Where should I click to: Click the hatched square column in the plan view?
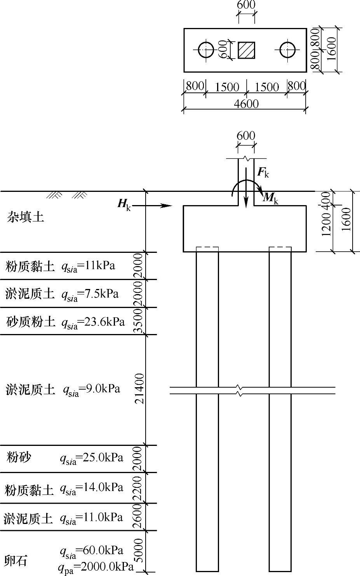coord(246,50)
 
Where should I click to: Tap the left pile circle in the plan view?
coord(206,50)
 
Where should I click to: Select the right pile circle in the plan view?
coord(287,50)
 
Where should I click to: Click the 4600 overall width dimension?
coord(246,104)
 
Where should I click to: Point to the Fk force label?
coord(263,173)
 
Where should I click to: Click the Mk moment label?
coord(271,198)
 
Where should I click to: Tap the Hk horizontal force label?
coord(124,204)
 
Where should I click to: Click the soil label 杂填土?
coord(26,217)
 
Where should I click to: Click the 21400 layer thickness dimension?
coord(139,388)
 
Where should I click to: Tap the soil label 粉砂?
coord(19,457)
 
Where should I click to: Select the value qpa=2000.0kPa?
coord(96,567)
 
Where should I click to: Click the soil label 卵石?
coord(16,560)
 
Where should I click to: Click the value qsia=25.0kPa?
coord(91,458)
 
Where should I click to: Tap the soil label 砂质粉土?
coord(30,322)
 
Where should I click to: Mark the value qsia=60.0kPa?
coord(91,550)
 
